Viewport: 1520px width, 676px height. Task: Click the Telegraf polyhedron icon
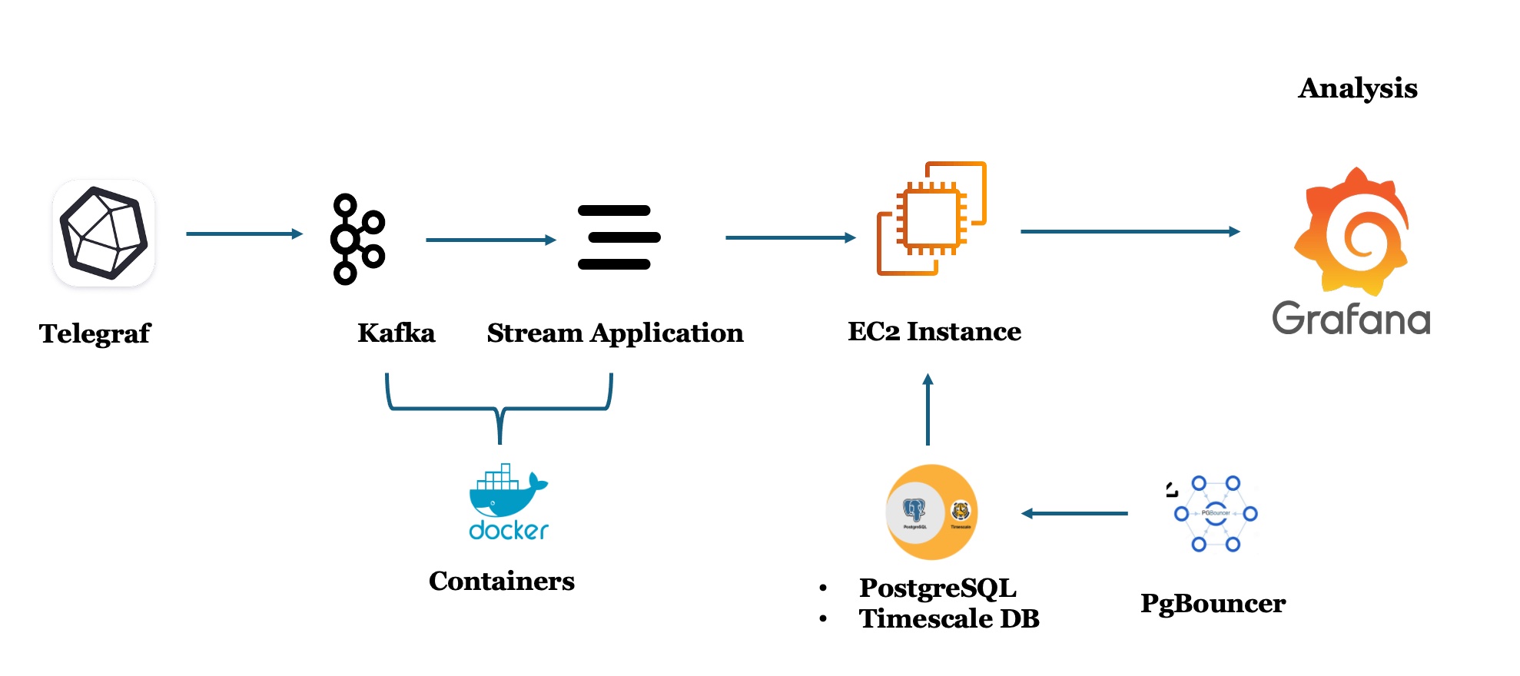point(104,233)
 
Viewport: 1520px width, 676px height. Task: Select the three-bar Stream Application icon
point(618,237)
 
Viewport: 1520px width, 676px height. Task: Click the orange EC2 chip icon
point(931,218)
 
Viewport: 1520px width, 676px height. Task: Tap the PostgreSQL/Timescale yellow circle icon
point(931,512)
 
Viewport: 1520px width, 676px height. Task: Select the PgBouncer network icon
point(1215,513)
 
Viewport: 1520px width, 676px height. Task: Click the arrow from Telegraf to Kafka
point(244,234)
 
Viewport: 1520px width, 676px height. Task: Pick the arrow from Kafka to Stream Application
point(490,240)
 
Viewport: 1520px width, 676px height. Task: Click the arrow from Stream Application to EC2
point(790,237)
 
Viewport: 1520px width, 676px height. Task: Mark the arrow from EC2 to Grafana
point(1130,231)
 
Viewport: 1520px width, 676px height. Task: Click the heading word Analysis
point(1357,88)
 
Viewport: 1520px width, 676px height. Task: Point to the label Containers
point(501,581)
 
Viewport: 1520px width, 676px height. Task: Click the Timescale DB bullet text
point(948,618)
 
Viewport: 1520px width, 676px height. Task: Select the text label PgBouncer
point(1212,603)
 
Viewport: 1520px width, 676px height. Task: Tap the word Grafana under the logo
point(1350,319)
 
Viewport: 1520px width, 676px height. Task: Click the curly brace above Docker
point(499,409)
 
